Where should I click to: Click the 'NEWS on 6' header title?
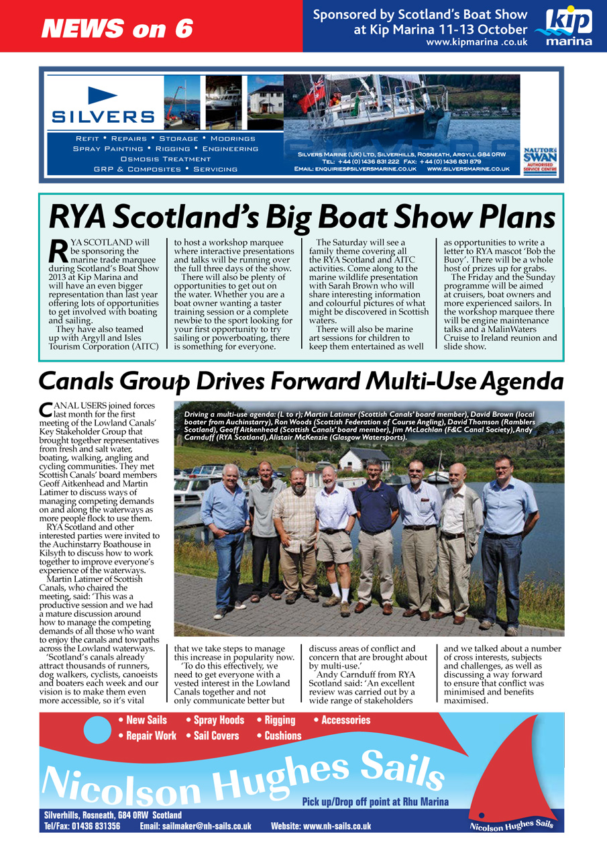[x=117, y=28]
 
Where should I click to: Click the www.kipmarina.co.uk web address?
[x=476, y=42]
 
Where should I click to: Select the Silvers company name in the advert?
[x=103, y=116]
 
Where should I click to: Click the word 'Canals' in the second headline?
[x=78, y=382]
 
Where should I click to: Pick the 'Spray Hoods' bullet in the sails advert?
[x=219, y=720]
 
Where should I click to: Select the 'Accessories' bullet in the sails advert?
[x=345, y=720]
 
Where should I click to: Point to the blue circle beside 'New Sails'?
[x=97, y=729]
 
